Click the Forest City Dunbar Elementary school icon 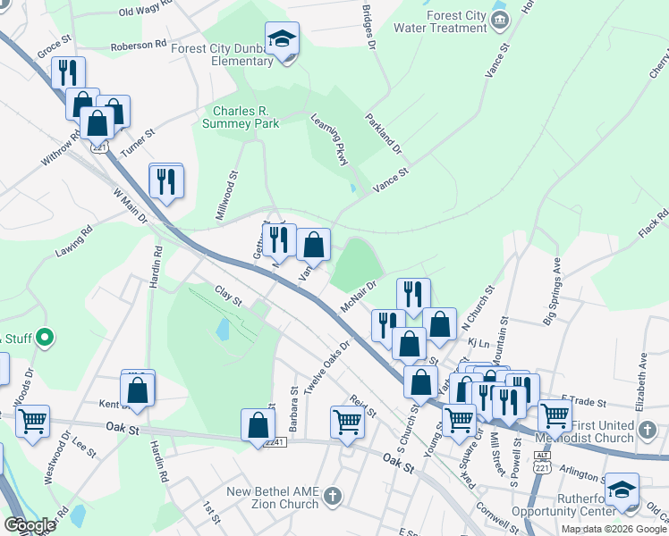(283, 40)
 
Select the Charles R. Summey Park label (241, 117)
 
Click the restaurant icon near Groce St (68, 72)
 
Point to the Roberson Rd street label (139, 43)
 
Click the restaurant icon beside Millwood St (165, 180)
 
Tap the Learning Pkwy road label (328, 139)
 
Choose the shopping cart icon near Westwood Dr (32, 421)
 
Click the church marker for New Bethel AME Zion (332, 495)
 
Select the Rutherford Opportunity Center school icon (622, 490)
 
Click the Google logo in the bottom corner (30, 525)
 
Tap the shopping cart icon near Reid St (347, 422)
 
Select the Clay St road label (228, 296)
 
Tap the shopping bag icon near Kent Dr (138, 389)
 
